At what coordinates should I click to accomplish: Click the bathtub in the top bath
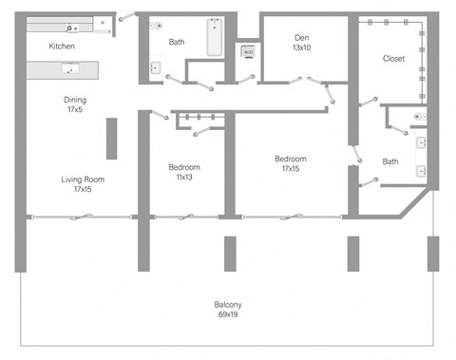(x=214, y=38)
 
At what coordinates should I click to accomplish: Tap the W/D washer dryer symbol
(x=247, y=53)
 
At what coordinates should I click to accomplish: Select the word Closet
(x=393, y=58)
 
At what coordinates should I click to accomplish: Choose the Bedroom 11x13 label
(x=184, y=171)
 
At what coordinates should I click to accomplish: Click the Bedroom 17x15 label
(x=291, y=163)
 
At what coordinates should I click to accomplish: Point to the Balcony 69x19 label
(x=228, y=310)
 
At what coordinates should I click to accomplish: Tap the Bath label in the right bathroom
(x=389, y=161)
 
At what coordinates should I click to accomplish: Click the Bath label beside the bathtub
(x=177, y=42)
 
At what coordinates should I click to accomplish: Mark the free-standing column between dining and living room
(x=111, y=139)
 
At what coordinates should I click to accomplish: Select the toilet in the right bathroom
(x=421, y=116)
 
